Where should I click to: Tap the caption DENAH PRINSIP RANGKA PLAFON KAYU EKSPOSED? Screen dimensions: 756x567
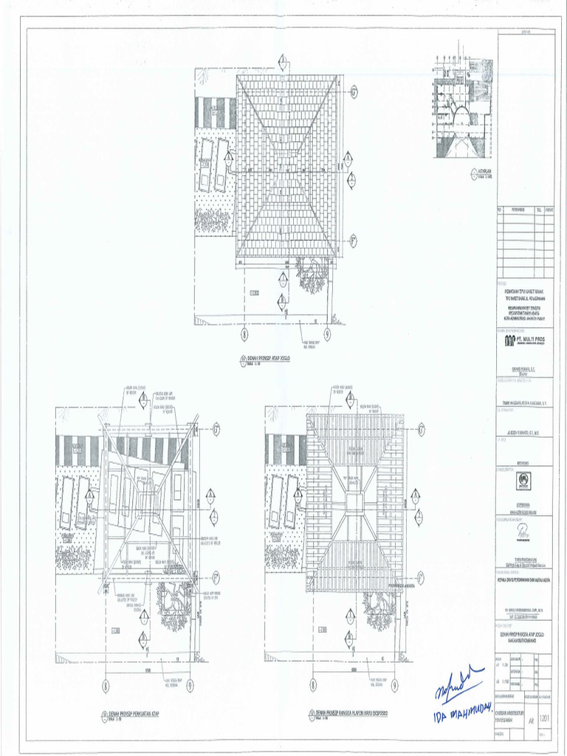(351, 713)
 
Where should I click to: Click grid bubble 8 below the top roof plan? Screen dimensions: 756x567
(244, 334)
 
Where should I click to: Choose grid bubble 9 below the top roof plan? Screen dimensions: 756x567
(327, 334)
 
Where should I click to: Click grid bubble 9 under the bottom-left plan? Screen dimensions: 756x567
(190, 685)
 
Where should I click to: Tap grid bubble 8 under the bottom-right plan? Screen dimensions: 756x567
(313, 685)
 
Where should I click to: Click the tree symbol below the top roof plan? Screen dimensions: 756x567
(312, 275)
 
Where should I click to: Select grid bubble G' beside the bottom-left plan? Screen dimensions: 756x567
(216, 429)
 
